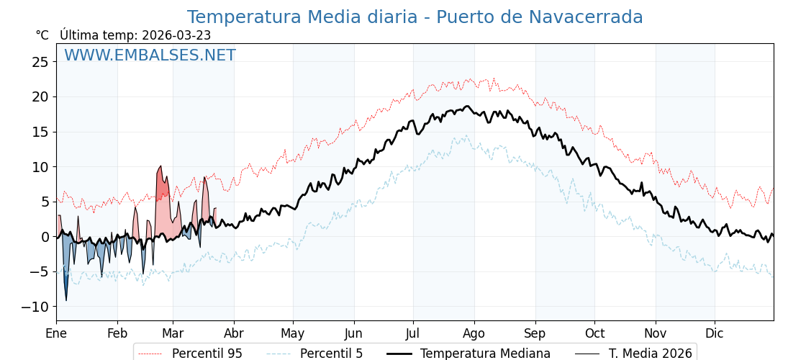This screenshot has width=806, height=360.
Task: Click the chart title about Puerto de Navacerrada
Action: point(415,17)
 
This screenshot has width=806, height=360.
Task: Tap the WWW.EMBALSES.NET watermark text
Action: point(150,55)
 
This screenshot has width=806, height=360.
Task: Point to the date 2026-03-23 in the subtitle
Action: point(176,35)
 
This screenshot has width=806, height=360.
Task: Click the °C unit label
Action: point(42,35)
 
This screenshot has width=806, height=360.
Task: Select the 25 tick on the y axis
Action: point(40,62)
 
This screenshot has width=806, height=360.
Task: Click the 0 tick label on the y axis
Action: point(45,237)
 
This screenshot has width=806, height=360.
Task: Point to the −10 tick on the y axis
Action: point(36,307)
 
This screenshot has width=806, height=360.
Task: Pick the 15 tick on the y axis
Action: point(40,132)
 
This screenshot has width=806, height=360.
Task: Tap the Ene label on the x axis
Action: point(56,333)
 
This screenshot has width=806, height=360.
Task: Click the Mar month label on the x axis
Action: point(173,333)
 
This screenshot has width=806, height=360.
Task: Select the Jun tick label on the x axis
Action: point(353,333)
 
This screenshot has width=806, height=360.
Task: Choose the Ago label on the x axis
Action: point(474,333)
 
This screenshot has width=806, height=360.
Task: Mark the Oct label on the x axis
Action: point(594,333)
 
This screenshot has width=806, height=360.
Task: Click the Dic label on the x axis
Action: point(715,333)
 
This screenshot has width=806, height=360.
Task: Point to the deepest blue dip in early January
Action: point(66,300)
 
